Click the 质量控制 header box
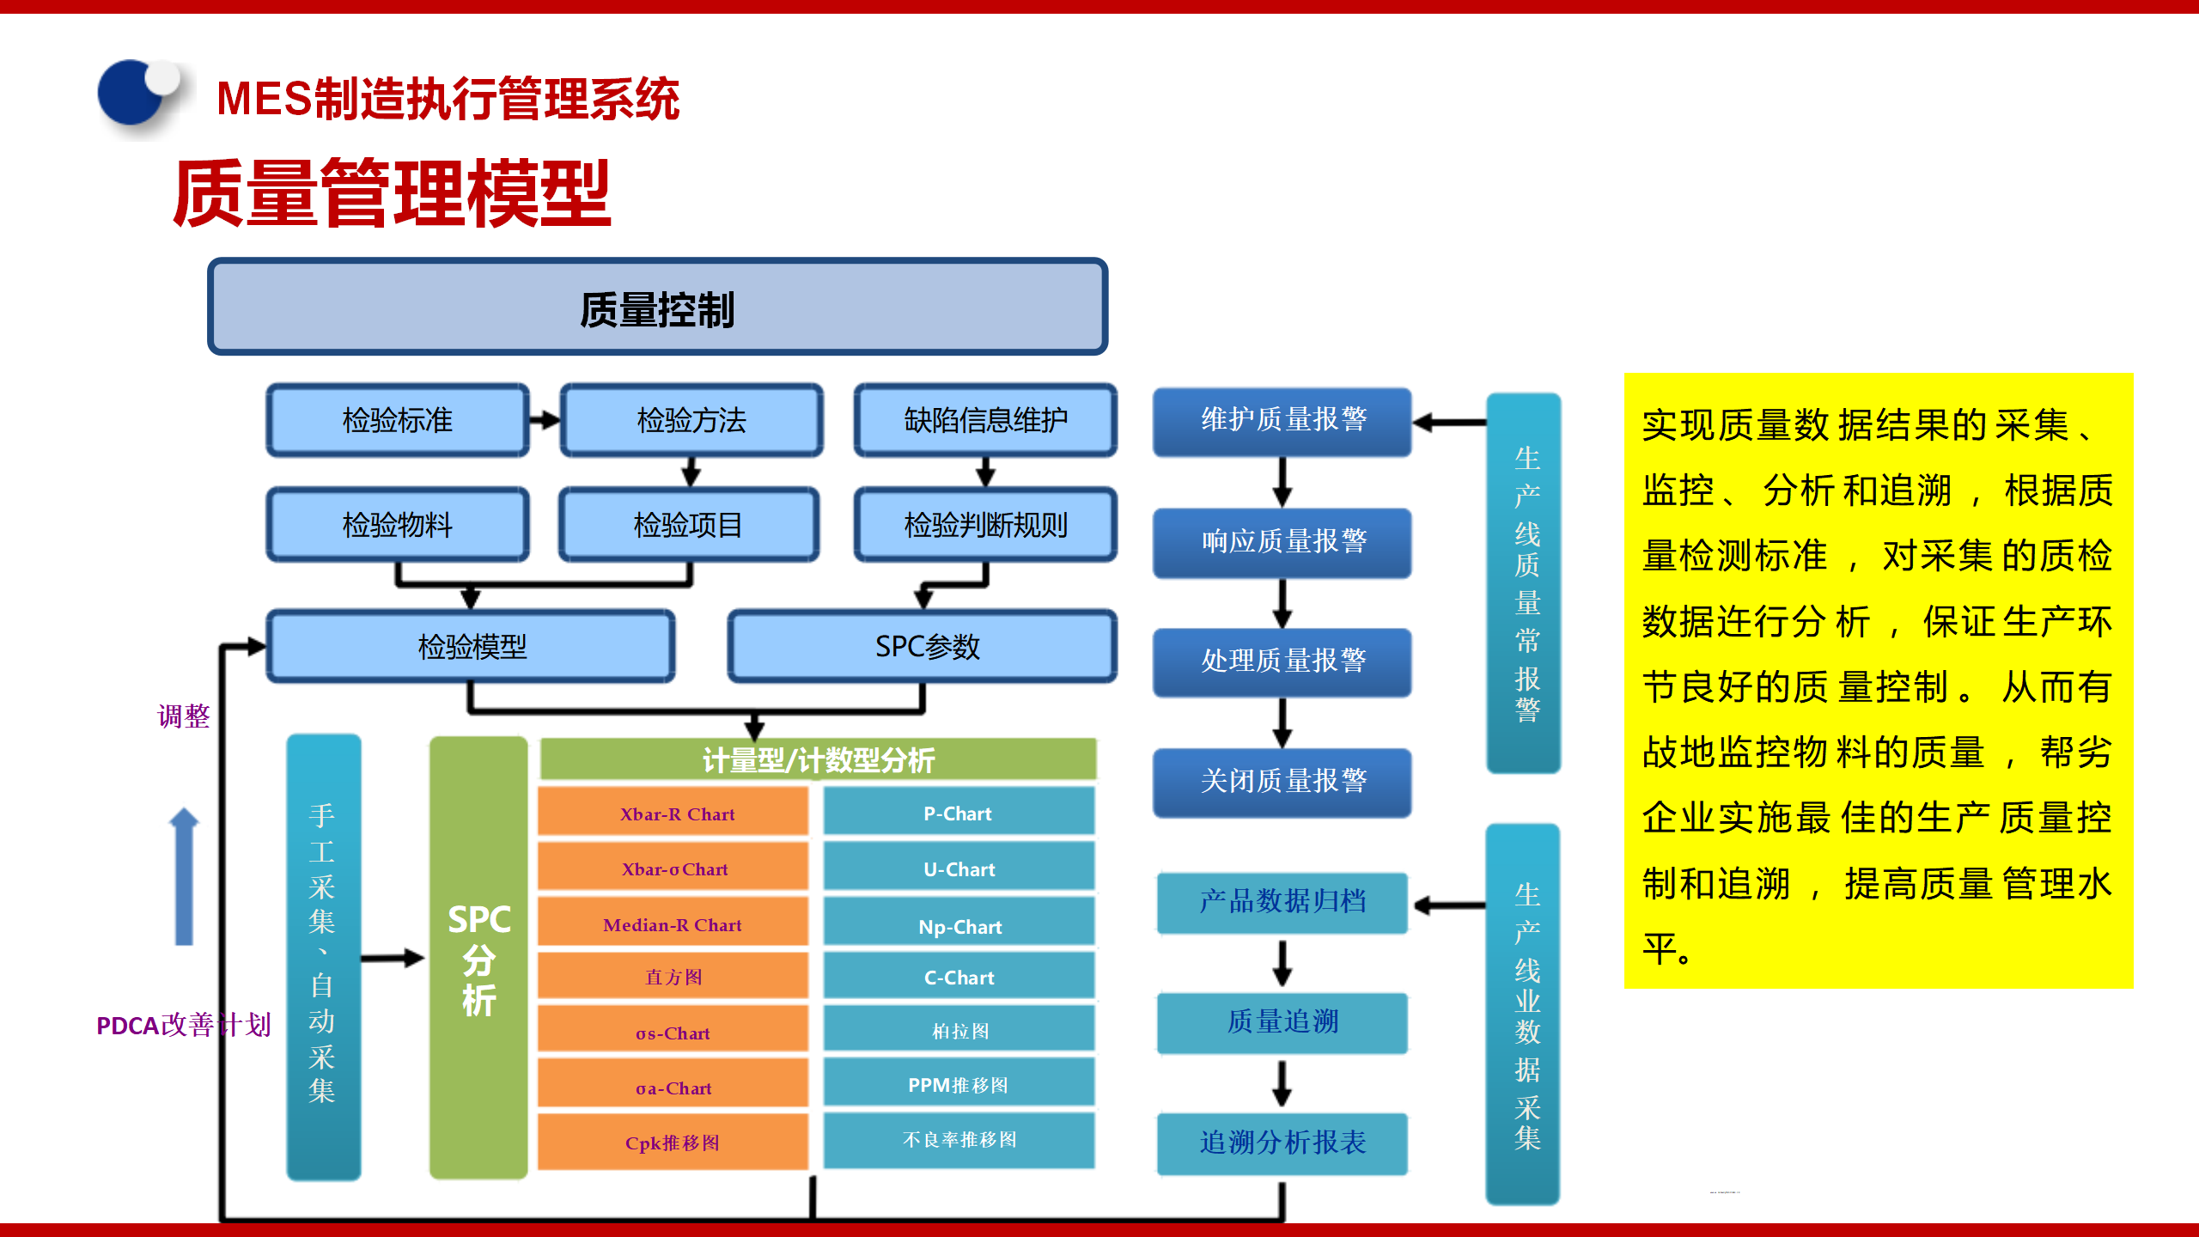tap(657, 307)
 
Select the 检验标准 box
tap(397, 420)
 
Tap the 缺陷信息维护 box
tap(985, 420)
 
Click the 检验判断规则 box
tap(985, 525)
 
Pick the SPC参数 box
tap(923, 646)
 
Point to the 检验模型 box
tap(471, 646)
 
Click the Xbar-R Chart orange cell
tap(673, 813)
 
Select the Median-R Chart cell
tap(673, 924)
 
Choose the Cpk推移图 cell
tap(673, 1143)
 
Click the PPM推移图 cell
tap(959, 1084)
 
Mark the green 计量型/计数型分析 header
tap(818, 759)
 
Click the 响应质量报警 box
tap(1282, 541)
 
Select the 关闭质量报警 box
tap(1282, 781)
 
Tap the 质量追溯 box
tap(1282, 1021)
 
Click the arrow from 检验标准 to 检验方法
tap(545, 420)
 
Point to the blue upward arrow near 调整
tap(184, 876)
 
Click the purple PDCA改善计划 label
tap(183, 1025)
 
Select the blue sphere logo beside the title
tap(136, 94)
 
